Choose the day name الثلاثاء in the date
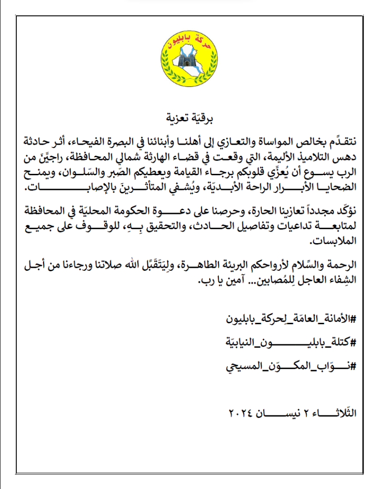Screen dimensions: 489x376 pos(337,412)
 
